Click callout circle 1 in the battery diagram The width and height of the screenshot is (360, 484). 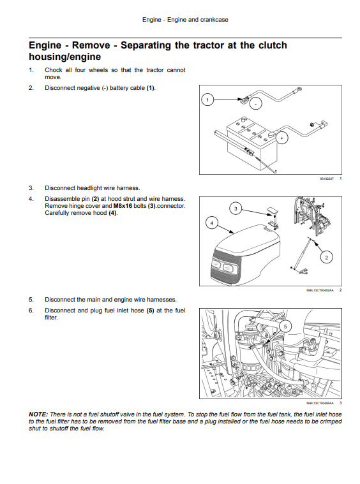(x=207, y=99)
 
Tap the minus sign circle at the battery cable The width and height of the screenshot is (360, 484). (x=255, y=104)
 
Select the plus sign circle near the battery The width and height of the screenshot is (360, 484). (x=281, y=138)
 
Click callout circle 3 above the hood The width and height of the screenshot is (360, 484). (x=236, y=209)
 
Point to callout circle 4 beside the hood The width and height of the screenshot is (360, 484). (x=212, y=223)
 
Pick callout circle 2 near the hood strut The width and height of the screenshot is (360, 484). (x=327, y=257)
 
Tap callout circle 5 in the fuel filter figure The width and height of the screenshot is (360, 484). (x=285, y=326)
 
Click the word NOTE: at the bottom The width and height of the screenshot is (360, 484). (x=38, y=414)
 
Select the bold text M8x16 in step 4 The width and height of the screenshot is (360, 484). (x=123, y=206)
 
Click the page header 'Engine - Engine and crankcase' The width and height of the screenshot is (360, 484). (x=185, y=20)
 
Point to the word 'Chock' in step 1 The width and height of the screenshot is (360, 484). (x=54, y=70)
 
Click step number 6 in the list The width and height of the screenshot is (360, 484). (x=31, y=311)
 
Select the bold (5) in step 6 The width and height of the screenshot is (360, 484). (x=150, y=311)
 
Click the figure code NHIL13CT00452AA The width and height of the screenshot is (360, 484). (x=320, y=290)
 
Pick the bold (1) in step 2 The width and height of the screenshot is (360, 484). (x=150, y=88)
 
